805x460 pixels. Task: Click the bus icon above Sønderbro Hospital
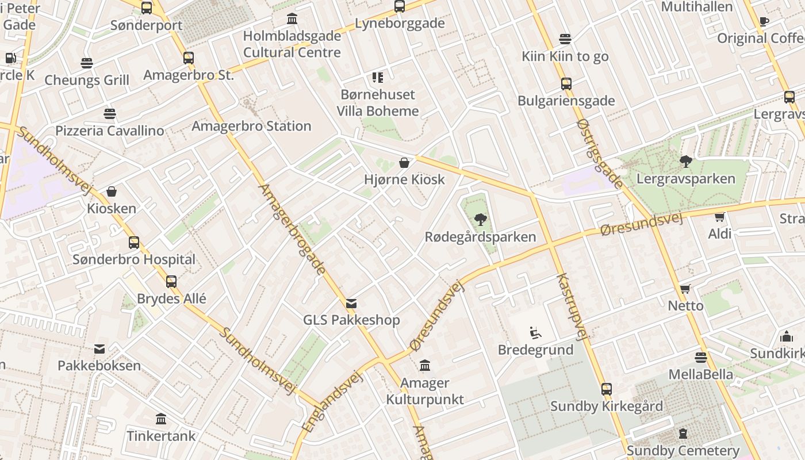[134, 243]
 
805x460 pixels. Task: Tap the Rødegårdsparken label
[480, 237]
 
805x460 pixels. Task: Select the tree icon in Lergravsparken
[685, 161]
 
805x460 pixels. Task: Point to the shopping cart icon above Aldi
[719, 217]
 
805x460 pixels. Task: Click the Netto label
[685, 305]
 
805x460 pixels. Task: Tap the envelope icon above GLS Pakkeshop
[351, 303]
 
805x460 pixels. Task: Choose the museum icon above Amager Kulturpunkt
[425, 365]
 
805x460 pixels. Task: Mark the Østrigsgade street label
[600, 154]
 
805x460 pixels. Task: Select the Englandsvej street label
[333, 401]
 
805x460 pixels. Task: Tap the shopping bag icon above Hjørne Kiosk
[404, 163]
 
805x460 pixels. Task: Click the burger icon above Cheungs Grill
[87, 63]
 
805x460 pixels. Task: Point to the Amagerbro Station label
[251, 126]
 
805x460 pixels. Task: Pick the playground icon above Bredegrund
[535, 333]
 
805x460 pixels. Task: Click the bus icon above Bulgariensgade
[566, 84]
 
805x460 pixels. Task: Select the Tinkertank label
[161, 436]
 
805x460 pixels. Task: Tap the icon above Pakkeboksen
[99, 348]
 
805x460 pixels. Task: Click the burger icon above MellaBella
[700, 358]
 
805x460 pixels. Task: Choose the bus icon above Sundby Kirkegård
[606, 389]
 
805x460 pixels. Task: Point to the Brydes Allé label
[171, 299]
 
